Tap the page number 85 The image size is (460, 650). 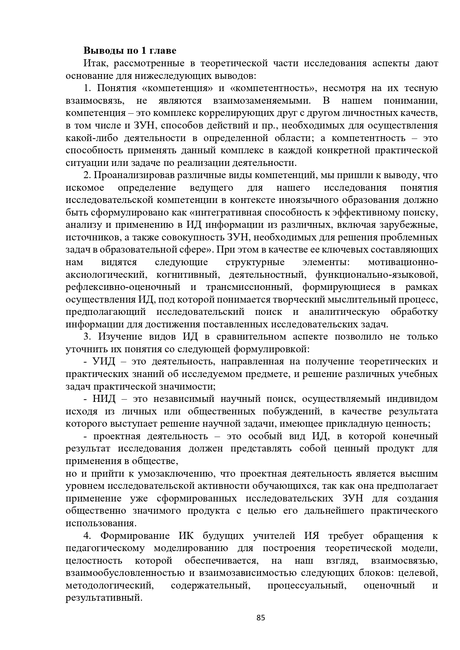pyautogui.click(x=261, y=617)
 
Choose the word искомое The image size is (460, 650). pyautogui.click(x=85, y=188)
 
